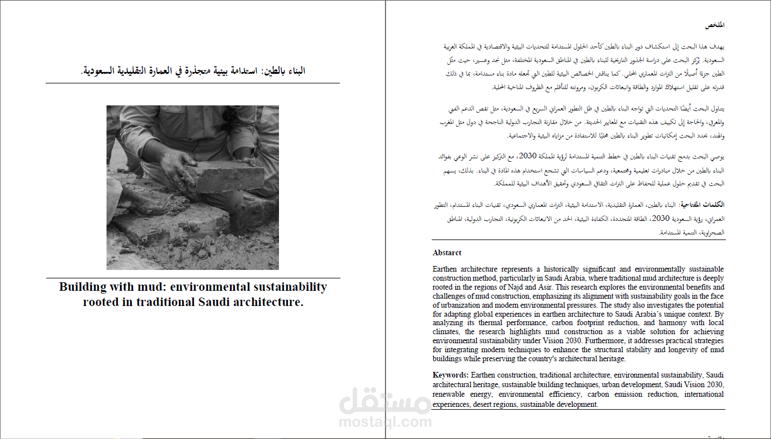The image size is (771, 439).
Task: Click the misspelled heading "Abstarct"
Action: click(447, 253)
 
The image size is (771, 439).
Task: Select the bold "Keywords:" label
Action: click(450, 375)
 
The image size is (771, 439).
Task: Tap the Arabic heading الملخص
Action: click(715, 25)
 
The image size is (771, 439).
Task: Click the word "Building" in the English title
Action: click(82, 287)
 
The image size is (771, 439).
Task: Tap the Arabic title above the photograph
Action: click(193, 71)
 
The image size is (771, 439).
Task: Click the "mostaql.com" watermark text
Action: click(385, 422)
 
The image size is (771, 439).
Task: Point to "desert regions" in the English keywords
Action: click(494, 405)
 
